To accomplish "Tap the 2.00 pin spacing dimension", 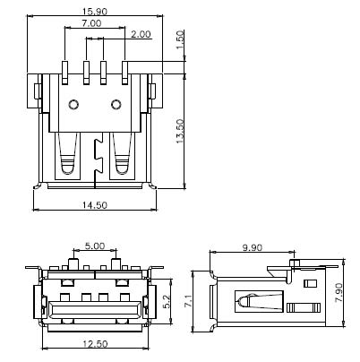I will [x=140, y=34].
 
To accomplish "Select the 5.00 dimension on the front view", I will [x=94, y=246].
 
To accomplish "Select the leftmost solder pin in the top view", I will [x=65, y=72].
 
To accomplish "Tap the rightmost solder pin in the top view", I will [x=124, y=72].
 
